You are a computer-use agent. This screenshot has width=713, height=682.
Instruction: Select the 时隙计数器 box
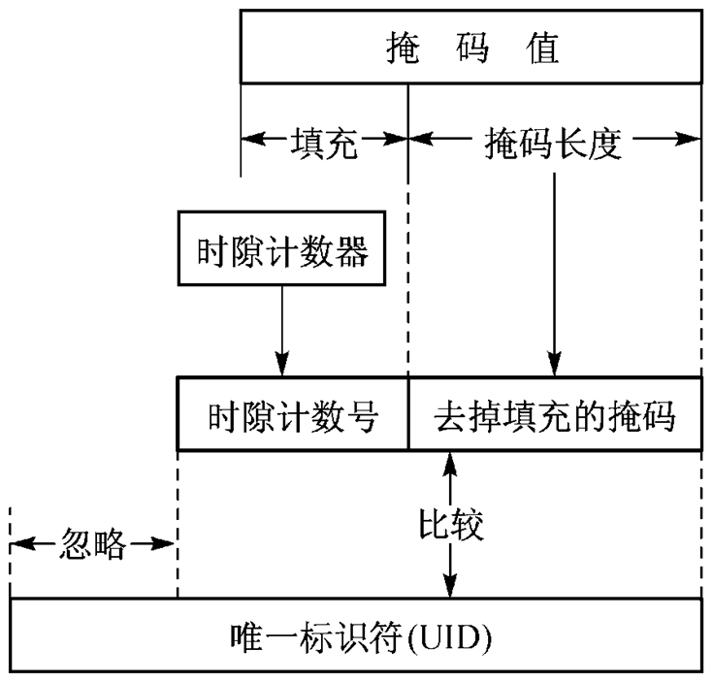click(x=280, y=254)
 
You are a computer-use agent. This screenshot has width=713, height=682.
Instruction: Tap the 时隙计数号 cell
click(x=292, y=419)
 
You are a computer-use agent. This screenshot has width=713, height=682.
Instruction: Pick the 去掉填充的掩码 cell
click(x=554, y=419)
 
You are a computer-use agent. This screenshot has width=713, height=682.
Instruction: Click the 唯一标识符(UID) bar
click(x=356, y=636)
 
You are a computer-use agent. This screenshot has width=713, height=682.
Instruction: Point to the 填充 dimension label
click(x=324, y=144)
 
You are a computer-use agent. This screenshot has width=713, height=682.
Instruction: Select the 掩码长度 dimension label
click(x=553, y=144)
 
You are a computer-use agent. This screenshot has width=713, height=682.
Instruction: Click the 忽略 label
click(x=93, y=544)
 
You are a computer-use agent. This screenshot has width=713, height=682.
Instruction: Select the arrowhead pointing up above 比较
click(x=449, y=464)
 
